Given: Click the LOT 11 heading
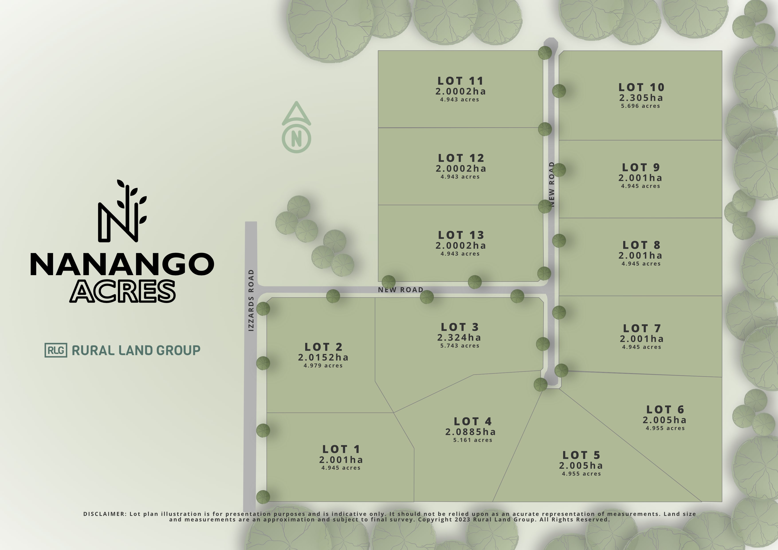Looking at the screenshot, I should (x=460, y=81).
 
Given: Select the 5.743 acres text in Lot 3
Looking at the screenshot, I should (x=460, y=346).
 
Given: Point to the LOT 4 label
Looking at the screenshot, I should (x=473, y=422).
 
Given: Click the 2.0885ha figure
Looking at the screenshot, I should (x=470, y=432).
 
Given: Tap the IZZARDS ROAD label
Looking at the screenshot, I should (x=251, y=300).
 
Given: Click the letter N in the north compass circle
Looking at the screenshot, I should (x=297, y=139).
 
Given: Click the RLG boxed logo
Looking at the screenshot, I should (x=56, y=350).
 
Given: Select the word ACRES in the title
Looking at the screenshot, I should (x=123, y=291).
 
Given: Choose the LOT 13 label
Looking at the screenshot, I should (x=461, y=235).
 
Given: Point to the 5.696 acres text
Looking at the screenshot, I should (x=640, y=106).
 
